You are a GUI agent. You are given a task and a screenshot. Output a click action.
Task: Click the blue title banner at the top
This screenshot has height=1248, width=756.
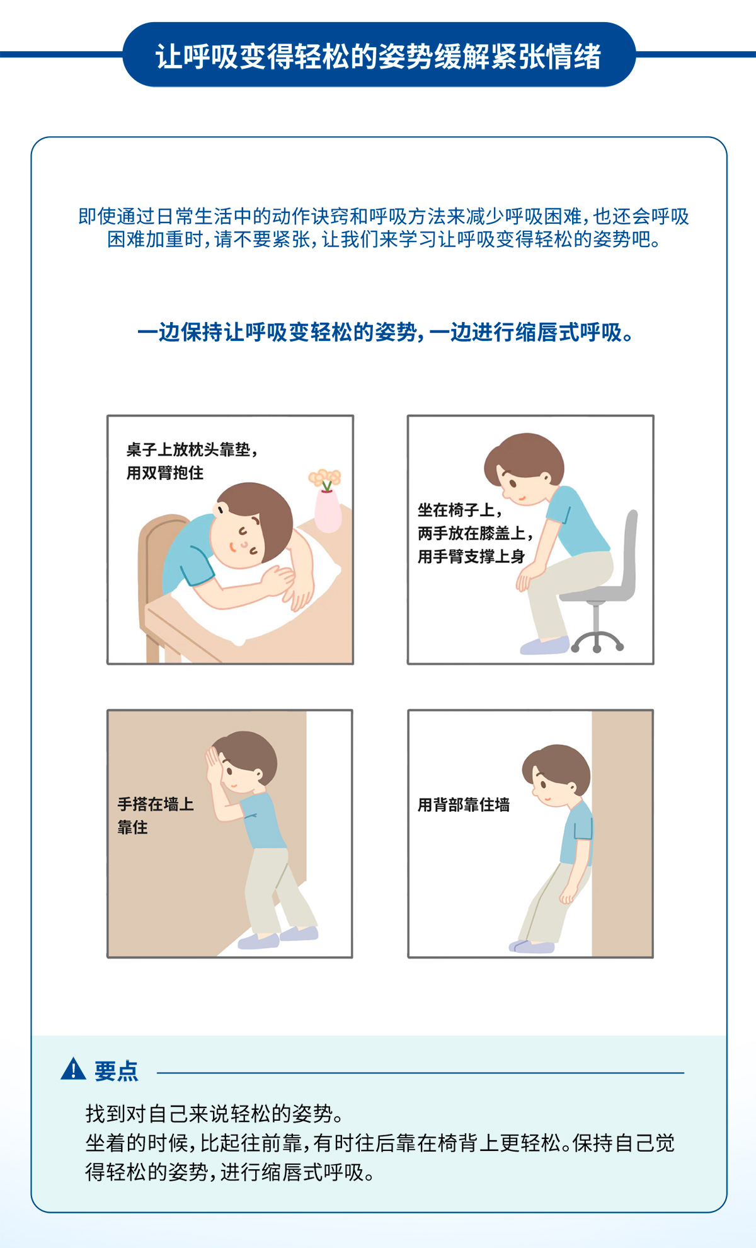point(379,55)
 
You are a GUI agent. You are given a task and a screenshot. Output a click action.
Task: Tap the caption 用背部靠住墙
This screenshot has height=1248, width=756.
point(464,805)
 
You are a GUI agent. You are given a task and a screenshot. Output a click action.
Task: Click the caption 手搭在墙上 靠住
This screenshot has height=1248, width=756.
point(155,816)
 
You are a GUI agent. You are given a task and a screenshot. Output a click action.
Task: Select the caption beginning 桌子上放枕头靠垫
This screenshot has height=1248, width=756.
point(192,461)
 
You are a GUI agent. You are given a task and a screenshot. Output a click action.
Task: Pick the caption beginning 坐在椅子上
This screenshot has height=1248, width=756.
point(476,533)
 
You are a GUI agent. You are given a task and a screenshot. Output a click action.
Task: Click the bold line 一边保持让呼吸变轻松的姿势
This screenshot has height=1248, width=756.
point(385,332)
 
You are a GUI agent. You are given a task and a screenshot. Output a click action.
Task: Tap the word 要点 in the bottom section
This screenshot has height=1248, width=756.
point(117,1071)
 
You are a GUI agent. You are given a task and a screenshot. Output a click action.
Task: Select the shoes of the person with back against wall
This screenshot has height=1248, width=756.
point(532,945)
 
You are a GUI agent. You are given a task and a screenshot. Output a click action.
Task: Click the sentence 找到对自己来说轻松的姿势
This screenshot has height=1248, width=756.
point(214,1114)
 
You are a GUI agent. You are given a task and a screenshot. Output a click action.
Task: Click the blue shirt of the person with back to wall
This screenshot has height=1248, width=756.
point(576,832)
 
